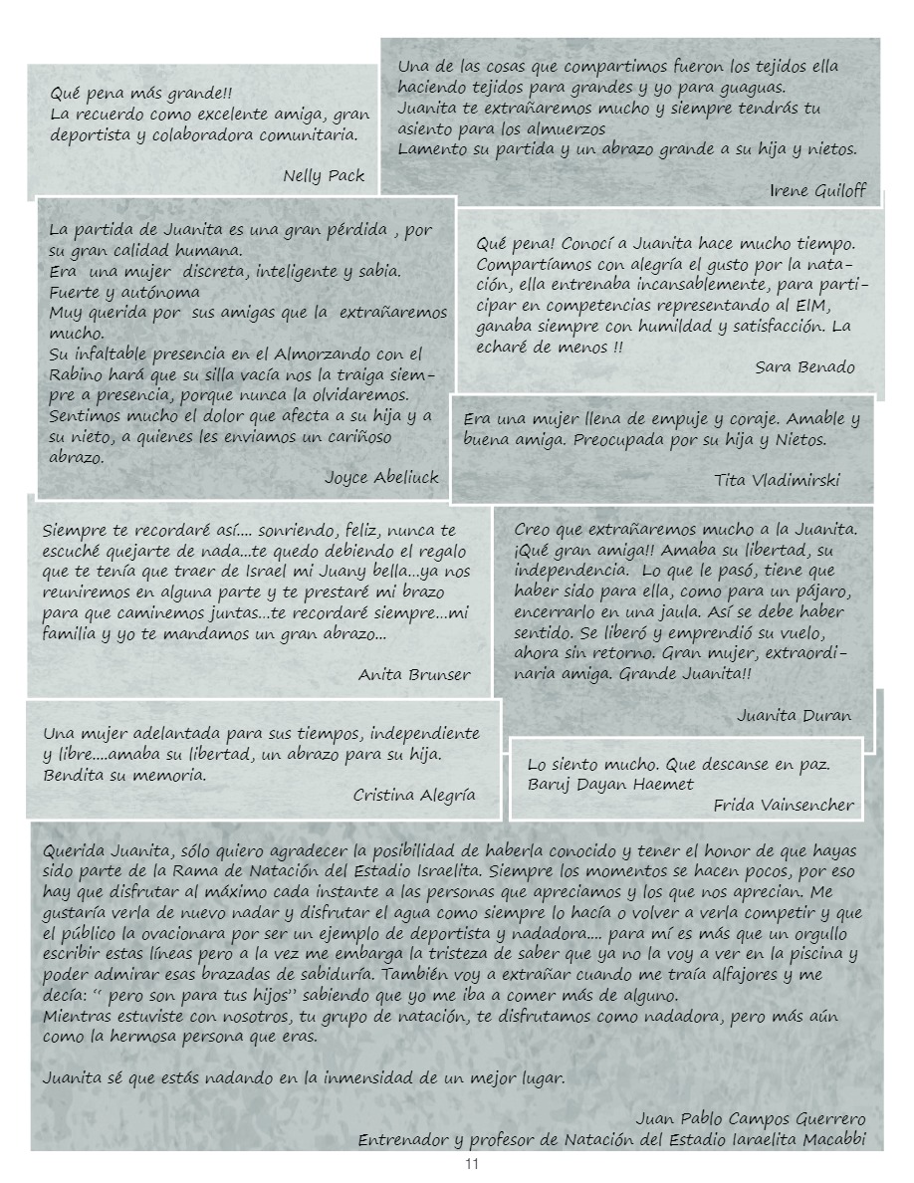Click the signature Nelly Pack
coord(324,176)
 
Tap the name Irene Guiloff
coord(817,190)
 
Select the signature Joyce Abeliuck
coord(381,477)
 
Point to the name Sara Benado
coord(804,366)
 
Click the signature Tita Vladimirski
coord(777,480)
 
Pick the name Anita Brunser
coord(414,674)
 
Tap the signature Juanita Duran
coord(794,715)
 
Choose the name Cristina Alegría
coord(414,795)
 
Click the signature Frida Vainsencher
coord(784,806)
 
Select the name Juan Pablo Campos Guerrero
coord(750,1118)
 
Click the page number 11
coord(472,1164)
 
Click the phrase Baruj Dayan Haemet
coord(610,785)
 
